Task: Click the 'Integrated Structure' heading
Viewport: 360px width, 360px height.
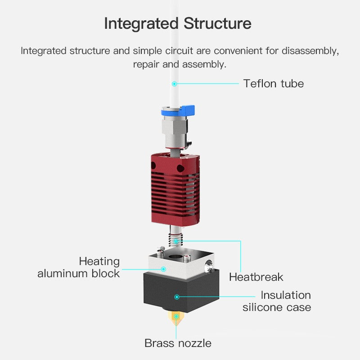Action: [178, 23]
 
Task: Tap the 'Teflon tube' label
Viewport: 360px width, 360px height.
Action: [274, 83]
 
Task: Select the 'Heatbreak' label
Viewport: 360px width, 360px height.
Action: [256, 277]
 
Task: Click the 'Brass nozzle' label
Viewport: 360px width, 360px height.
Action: [178, 343]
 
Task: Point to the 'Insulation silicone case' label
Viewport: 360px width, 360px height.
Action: [277, 301]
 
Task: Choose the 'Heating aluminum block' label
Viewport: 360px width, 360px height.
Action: [79, 267]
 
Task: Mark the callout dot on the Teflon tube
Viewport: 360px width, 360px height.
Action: [175, 83]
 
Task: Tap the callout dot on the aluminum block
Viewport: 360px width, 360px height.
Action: [164, 270]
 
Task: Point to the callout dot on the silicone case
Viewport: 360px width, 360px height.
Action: [177, 297]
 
